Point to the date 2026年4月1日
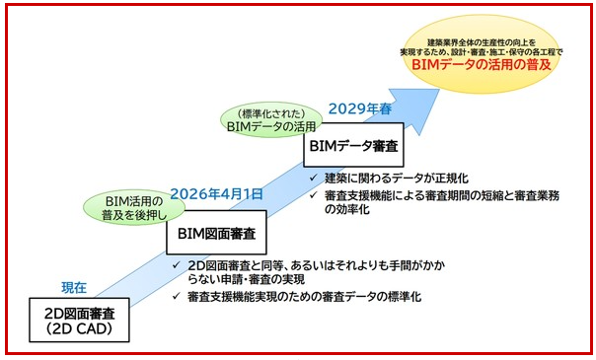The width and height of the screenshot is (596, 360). pos(217,193)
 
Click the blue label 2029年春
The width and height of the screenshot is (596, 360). pos(359,109)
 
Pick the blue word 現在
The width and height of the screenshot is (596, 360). pos(74,287)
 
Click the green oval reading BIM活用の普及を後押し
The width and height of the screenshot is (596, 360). pos(134,208)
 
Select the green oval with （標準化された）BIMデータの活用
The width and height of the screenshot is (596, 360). pos(271,119)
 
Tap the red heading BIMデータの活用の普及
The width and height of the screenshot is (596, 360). pos(482,64)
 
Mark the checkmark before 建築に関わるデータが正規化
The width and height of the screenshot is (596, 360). pos(313,178)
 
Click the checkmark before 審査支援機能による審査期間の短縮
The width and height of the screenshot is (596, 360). pos(313,195)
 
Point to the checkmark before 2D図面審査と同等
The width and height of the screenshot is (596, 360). pos(176,264)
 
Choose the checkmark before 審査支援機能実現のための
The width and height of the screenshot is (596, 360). pos(176,296)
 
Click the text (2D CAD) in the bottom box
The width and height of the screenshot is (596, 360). pos(79,328)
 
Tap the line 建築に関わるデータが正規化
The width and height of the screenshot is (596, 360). pos(397,179)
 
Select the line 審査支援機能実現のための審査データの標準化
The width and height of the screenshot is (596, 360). pos(305,297)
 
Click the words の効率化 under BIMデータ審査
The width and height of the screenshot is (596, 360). pos(346,209)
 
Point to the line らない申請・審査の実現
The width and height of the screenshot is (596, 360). pos(247,279)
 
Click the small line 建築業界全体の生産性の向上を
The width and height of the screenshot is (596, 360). pos(482,42)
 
